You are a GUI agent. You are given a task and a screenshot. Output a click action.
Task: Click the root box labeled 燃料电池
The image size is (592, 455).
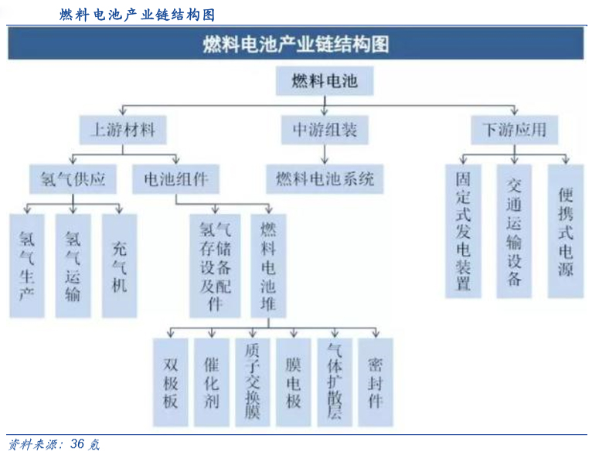click(x=325, y=80)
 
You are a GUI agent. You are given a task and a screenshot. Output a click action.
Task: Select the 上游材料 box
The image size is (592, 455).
click(x=123, y=129)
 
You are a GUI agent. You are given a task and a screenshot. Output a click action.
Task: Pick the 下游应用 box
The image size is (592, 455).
click(x=514, y=129)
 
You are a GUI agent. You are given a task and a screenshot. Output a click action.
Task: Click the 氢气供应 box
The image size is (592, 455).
click(x=73, y=179)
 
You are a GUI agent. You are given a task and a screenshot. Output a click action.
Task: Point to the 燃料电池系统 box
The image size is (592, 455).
click(x=325, y=179)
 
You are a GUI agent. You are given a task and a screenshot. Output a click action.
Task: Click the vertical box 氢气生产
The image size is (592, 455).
click(x=27, y=266)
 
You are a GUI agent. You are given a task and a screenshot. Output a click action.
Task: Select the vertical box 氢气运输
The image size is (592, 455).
click(x=73, y=266)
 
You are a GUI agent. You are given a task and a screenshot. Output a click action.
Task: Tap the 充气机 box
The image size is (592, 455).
click(x=119, y=266)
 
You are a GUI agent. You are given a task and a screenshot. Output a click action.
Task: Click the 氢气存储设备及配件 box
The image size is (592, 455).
click(x=215, y=266)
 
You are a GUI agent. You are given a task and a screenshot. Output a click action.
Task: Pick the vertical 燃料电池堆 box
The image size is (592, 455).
click(x=268, y=266)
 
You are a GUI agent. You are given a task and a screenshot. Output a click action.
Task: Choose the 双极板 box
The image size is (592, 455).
click(x=171, y=382)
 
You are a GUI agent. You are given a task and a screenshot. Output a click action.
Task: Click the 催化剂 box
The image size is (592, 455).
click(x=212, y=382)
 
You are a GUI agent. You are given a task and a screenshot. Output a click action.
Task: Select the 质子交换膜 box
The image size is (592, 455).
click(x=253, y=382)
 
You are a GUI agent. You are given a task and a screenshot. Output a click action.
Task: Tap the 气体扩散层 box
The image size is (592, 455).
click(x=334, y=382)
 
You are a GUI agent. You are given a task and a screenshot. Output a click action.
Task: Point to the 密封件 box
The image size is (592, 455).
click(x=376, y=382)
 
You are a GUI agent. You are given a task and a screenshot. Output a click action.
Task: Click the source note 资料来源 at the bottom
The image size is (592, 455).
click(x=54, y=445)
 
